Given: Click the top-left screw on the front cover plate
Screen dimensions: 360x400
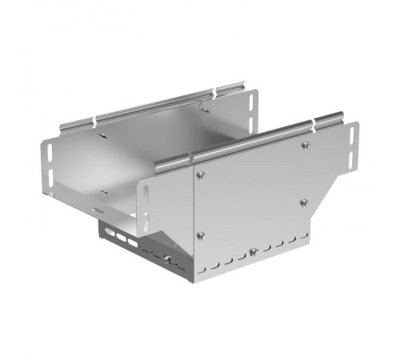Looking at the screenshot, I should [200, 174].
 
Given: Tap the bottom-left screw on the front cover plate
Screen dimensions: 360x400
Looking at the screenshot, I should [200, 234].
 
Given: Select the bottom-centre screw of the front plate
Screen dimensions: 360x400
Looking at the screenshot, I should [253, 251].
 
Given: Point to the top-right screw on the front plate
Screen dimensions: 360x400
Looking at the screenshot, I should [305, 145].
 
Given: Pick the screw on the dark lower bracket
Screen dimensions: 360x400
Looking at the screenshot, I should [167, 258].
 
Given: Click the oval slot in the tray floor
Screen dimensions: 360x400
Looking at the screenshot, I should [97, 210].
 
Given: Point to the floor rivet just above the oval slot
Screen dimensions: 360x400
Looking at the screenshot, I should [103, 193].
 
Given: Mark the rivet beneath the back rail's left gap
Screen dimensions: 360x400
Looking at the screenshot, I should [102, 135].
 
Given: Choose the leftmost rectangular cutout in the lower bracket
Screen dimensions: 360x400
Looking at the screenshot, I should [106, 234].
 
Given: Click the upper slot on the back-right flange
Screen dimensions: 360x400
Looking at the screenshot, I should [254, 102].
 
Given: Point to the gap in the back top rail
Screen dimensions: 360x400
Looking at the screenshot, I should [96, 120].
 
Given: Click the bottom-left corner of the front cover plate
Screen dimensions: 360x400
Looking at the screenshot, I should [193, 281].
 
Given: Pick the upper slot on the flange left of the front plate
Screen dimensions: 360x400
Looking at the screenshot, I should [146, 193].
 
